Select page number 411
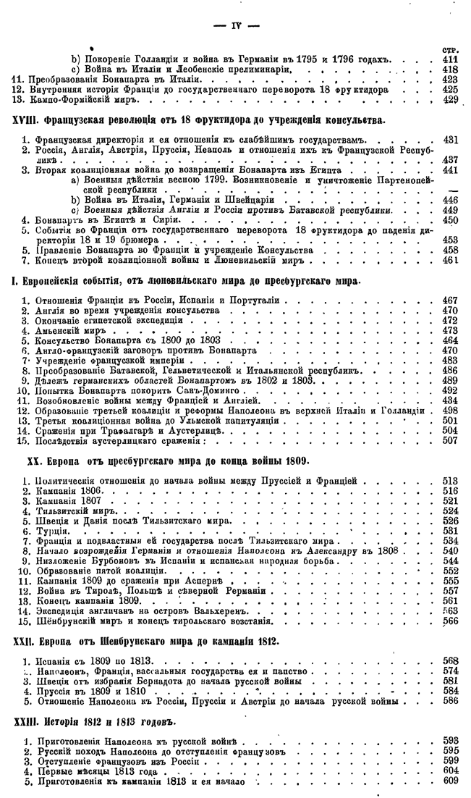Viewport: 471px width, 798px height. pyautogui.click(x=449, y=59)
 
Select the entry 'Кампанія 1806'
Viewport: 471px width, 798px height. pyautogui.click(x=60, y=490)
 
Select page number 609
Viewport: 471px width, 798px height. pyautogui.click(x=449, y=782)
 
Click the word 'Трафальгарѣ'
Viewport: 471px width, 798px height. pyautogui.click(x=116, y=429)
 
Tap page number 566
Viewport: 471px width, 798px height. pyautogui.click(x=449, y=620)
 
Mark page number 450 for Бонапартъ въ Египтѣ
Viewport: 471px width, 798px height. pyautogui.click(x=449, y=219)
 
